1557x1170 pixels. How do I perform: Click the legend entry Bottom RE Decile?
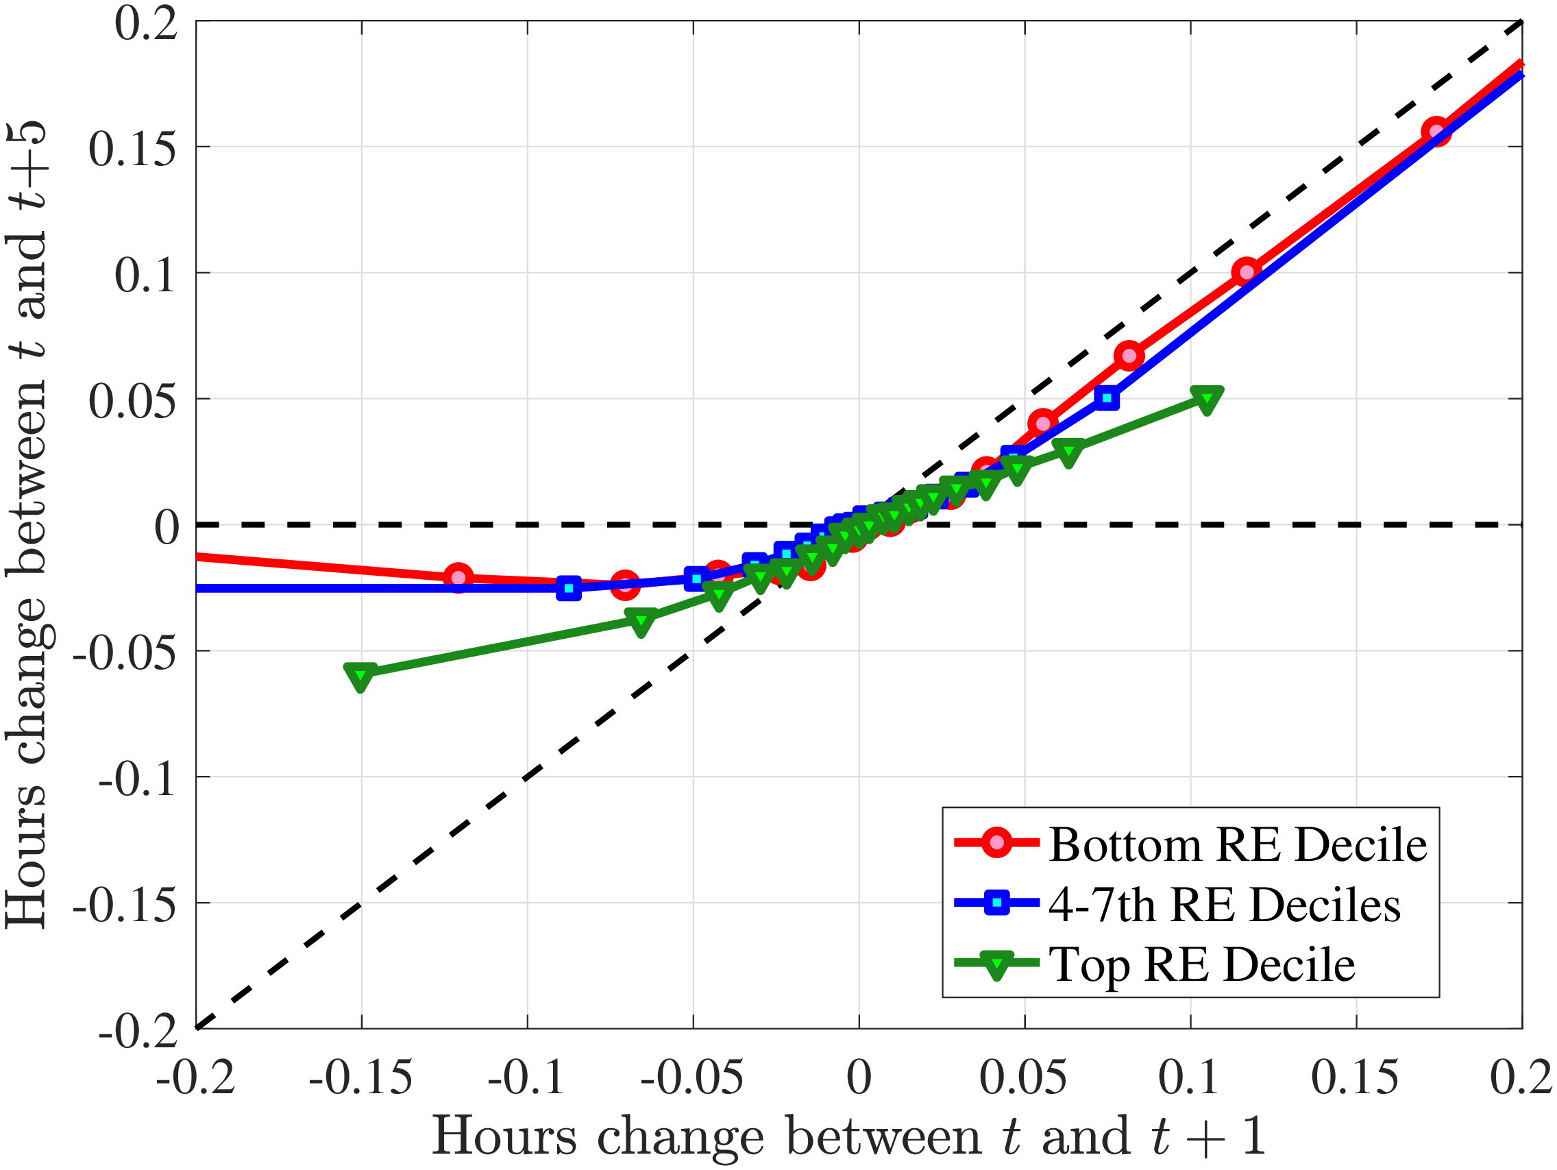pos(1238,844)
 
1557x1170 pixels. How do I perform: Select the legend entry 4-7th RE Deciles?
pos(1224,905)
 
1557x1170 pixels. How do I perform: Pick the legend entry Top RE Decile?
pos(1201,964)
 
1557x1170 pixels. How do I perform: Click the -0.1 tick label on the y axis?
pos(137,779)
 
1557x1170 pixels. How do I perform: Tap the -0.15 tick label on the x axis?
pos(360,1077)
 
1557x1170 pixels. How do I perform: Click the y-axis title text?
pos(27,524)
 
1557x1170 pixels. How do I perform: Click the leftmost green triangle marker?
pos(360,676)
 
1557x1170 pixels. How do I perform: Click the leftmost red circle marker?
pos(459,578)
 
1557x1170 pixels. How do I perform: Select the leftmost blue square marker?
pos(569,587)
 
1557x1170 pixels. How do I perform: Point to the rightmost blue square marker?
pos(1107,398)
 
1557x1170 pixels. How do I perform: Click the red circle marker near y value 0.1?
pos(1247,271)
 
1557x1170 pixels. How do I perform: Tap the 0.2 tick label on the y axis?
pos(146,24)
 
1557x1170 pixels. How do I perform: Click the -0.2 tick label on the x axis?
pos(196,1077)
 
